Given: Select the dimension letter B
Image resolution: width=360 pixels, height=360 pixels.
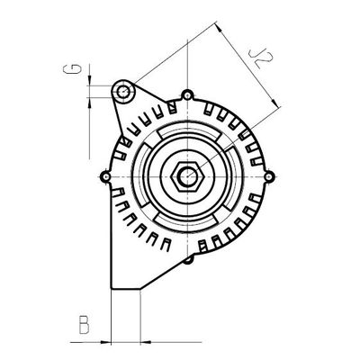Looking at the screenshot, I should [83, 322].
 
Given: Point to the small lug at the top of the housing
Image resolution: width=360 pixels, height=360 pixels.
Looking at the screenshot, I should [186, 94].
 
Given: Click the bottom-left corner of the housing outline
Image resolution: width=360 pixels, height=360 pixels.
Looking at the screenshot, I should [109, 288].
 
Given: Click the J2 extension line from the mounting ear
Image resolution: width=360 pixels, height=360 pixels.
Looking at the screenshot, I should [171, 58].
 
